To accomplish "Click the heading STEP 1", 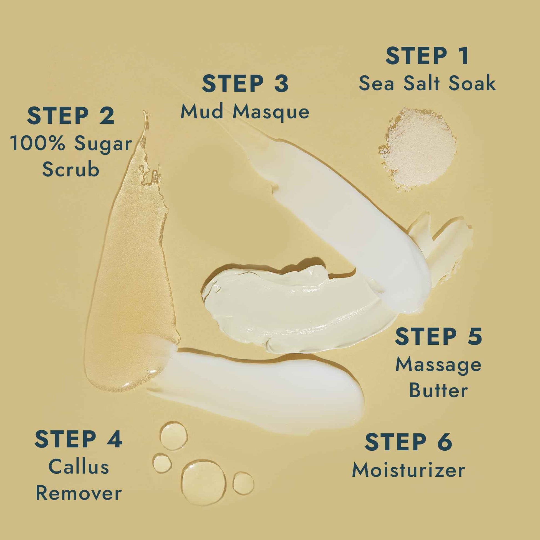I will click(427, 56).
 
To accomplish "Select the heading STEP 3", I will click(245, 83).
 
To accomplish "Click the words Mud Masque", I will click(245, 112).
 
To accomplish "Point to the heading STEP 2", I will click(71, 116).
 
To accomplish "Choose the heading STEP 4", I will click(78, 439).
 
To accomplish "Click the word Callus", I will click(79, 467).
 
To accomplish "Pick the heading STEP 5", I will click(438, 337).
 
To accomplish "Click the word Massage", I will click(438, 365).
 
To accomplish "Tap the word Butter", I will click(438, 390).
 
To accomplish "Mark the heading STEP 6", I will click(408, 442).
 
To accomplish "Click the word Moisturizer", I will click(408, 470).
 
